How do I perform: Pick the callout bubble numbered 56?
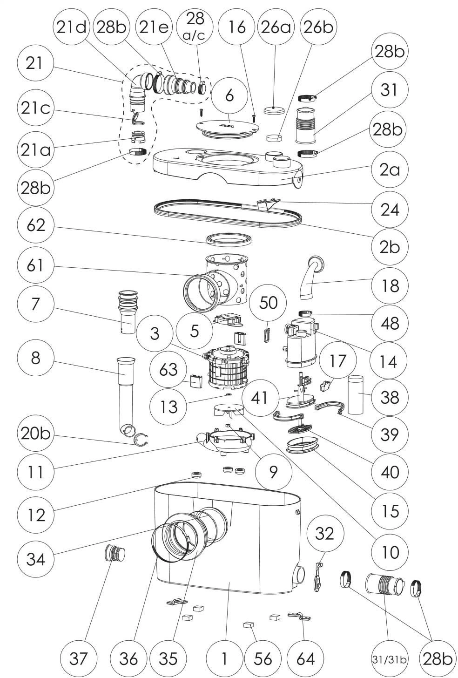[263, 658]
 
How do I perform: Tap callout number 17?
[338, 360]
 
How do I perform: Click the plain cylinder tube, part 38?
[358, 395]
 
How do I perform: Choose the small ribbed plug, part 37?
[114, 554]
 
